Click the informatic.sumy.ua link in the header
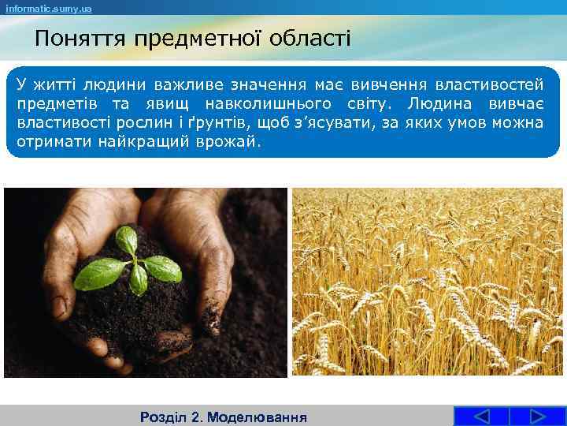[x=46, y=8]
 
